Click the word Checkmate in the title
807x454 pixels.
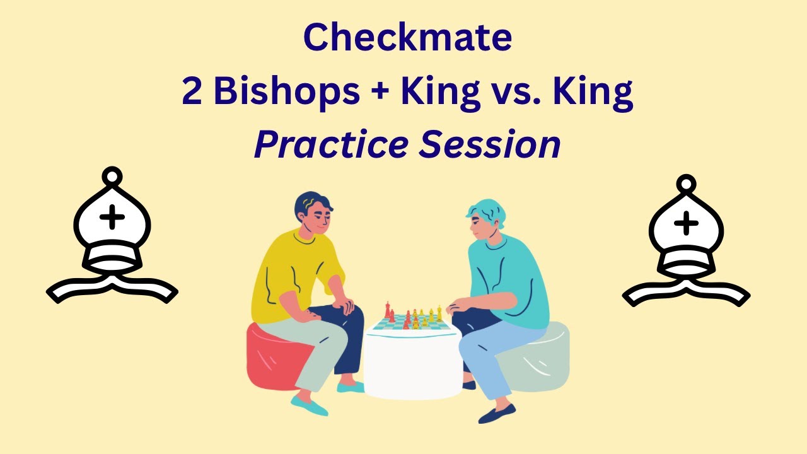point(407,38)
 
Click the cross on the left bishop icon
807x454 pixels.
point(112,218)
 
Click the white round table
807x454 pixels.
point(413,366)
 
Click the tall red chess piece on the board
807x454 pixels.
point(388,310)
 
